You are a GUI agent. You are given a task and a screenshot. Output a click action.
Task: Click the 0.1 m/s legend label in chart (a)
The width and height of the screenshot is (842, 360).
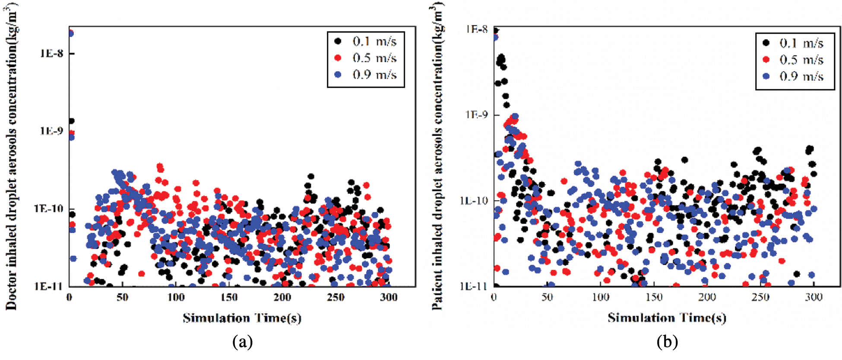(374, 41)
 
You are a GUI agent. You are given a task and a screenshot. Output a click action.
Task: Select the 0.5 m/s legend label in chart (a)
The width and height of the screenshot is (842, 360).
(374, 58)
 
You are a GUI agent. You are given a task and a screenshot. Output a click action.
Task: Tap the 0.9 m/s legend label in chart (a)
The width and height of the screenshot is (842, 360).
(374, 75)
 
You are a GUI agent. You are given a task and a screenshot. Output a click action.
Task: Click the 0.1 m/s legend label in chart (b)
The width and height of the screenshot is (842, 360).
(801, 43)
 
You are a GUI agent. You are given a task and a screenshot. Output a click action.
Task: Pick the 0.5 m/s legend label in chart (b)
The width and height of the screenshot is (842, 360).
(801, 60)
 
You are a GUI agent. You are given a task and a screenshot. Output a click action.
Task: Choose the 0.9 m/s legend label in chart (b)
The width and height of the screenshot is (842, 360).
(801, 76)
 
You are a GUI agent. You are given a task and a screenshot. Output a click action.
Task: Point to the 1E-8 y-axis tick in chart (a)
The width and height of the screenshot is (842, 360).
(52, 54)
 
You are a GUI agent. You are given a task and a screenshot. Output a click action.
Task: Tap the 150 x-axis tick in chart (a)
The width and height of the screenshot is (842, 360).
(229, 297)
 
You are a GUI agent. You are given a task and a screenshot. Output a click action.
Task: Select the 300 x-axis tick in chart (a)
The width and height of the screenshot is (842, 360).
(388, 297)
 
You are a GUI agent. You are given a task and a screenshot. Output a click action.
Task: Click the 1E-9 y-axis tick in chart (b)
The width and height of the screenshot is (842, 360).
(476, 115)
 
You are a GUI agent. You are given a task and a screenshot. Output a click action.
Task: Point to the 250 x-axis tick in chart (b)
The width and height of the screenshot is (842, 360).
(760, 297)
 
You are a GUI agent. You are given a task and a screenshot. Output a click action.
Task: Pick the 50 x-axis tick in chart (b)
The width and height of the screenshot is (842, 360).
(547, 297)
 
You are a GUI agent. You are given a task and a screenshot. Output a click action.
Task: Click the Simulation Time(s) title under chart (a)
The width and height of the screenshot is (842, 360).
(242, 319)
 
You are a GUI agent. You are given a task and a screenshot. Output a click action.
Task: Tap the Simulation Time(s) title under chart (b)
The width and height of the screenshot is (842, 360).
(667, 319)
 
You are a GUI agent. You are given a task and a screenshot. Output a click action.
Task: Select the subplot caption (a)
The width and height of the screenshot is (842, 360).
(242, 342)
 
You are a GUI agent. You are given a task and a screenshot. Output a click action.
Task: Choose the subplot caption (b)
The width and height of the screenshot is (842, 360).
(667, 342)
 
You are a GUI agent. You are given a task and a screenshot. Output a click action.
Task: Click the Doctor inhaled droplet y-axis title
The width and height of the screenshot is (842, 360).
(12, 158)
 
